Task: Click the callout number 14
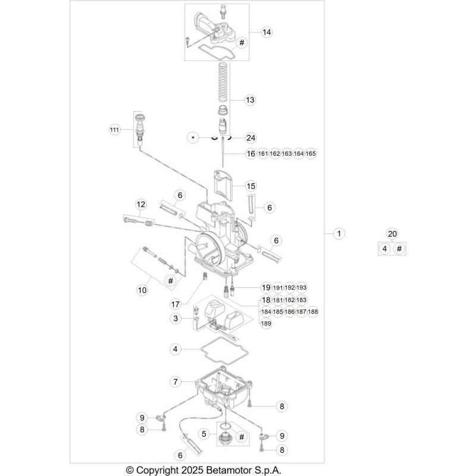coord(267,32)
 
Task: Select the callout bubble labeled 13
coord(250,100)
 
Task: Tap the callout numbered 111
coord(114,130)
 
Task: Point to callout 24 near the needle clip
coord(250,138)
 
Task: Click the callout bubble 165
coord(311,154)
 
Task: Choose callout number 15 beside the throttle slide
coord(251,186)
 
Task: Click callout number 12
coord(141,204)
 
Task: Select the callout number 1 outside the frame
coord(339,233)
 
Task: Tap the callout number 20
coord(392,234)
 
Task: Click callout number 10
coord(142,290)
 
